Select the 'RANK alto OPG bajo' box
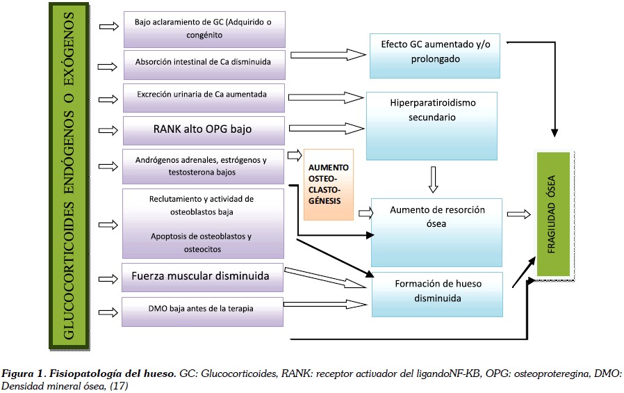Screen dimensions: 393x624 click(x=203, y=129)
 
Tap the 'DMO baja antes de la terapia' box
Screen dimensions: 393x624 click(x=203, y=311)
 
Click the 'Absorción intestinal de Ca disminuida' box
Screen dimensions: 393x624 click(x=203, y=61)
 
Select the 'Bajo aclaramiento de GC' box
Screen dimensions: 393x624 click(x=203, y=28)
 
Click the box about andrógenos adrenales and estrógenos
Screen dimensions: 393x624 click(x=203, y=166)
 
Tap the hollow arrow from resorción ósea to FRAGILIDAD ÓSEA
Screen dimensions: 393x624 click(x=519, y=215)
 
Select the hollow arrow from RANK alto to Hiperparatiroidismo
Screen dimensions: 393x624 click(x=325, y=128)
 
